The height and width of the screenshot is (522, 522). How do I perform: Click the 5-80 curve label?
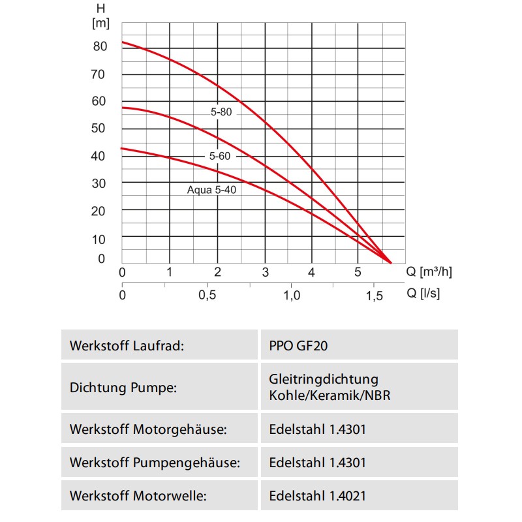click(x=221, y=112)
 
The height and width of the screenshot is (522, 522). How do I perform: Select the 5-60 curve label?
click(x=220, y=157)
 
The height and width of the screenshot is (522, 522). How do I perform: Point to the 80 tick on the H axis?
click(x=99, y=47)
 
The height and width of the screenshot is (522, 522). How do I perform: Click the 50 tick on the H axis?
click(x=99, y=129)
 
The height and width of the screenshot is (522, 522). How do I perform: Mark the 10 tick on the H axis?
click(x=99, y=239)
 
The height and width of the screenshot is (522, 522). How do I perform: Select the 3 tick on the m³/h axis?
click(x=265, y=272)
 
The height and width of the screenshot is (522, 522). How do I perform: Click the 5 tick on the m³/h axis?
click(x=358, y=272)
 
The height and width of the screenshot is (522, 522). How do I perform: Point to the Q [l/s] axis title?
click(x=423, y=294)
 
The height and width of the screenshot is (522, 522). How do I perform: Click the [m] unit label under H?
click(x=101, y=23)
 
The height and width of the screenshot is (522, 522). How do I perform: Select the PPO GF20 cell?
click(x=298, y=345)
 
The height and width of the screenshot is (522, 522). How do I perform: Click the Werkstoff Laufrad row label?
click(x=127, y=345)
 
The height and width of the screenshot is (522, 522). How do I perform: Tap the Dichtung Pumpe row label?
click(x=123, y=388)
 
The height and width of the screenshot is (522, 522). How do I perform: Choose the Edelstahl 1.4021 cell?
click(x=317, y=496)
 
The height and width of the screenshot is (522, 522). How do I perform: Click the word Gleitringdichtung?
click(x=323, y=379)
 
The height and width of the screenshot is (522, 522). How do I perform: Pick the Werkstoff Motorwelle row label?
click(x=138, y=496)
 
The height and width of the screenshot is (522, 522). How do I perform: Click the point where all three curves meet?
click(x=391, y=262)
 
